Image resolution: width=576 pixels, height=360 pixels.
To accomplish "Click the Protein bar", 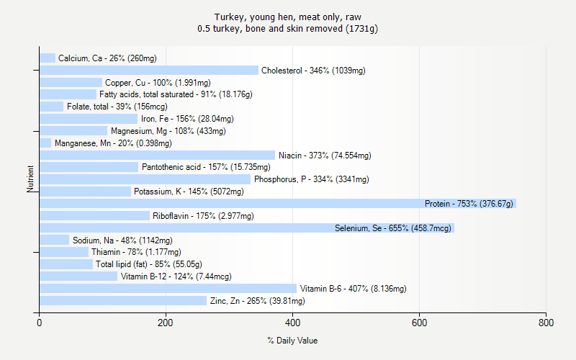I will pos(277,204).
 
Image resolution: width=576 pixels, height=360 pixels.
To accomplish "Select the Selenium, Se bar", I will pos(246,228).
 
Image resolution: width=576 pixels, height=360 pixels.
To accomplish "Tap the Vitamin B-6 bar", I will pos(168,289).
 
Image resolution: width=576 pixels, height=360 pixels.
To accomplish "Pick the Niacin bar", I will pos(157,156).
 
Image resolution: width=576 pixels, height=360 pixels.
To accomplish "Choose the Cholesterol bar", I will pos(148,71).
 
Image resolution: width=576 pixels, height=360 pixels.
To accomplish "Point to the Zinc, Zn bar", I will pos(123,301).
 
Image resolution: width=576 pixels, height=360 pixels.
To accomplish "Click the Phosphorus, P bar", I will pos(145,179).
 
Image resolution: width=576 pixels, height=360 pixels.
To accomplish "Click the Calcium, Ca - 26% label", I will pos(107,58).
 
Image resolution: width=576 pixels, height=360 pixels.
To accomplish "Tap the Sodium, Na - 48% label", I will pos(122,240).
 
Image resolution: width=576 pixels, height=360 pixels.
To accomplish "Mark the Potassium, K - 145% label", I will pos(189,192).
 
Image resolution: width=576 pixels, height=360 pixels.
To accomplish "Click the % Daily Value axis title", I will pos(292,341).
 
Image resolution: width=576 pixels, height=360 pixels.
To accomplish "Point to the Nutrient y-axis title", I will pos(30,179).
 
